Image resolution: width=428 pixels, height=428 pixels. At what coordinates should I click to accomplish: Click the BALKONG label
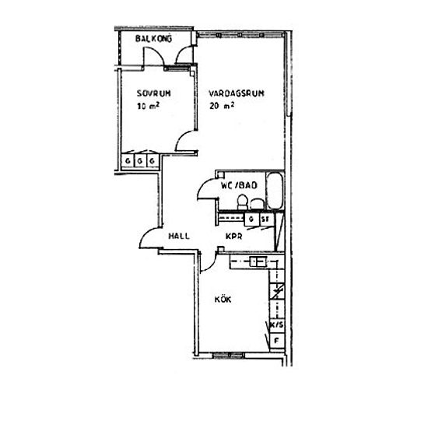(x=153, y=38)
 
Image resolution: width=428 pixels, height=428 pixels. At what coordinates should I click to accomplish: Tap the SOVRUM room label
(x=153, y=93)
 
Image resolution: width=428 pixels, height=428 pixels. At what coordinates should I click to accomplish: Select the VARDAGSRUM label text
(x=237, y=93)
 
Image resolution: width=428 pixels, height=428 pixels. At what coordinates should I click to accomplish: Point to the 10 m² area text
(x=148, y=106)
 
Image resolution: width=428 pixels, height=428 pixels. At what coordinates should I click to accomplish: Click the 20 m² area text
(x=222, y=105)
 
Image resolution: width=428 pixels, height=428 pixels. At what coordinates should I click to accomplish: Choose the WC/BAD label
(x=239, y=185)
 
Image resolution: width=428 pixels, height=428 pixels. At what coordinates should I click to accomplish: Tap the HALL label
(x=179, y=236)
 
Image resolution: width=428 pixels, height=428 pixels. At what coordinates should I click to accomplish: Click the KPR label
(x=234, y=236)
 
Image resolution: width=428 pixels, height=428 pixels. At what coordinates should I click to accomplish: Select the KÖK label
(x=223, y=299)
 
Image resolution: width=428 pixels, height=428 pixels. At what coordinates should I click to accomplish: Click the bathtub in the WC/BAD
(x=275, y=191)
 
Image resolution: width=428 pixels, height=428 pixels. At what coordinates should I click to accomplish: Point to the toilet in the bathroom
(x=242, y=202)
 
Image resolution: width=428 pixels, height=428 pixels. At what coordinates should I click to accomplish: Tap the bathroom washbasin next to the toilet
(x=257, y=205)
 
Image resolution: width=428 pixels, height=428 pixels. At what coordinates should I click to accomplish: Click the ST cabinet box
(x=266, y=219)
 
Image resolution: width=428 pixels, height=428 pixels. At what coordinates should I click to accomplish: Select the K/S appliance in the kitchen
(x=277, y=325)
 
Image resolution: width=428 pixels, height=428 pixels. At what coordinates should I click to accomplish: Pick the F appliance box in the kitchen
(x=277, y=341)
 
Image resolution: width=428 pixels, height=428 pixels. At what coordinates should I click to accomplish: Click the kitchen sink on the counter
(x=258, y=262)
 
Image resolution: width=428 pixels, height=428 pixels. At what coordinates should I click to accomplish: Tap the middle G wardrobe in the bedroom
(x=140, y=161)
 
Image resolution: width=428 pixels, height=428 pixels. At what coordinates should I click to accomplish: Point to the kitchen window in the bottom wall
(x=228, y=355)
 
